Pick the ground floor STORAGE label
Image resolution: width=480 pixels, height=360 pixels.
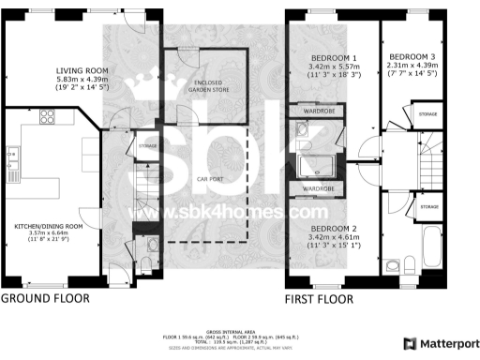[x=146, y=146]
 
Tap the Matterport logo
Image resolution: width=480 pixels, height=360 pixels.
[x=436, y=344]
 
